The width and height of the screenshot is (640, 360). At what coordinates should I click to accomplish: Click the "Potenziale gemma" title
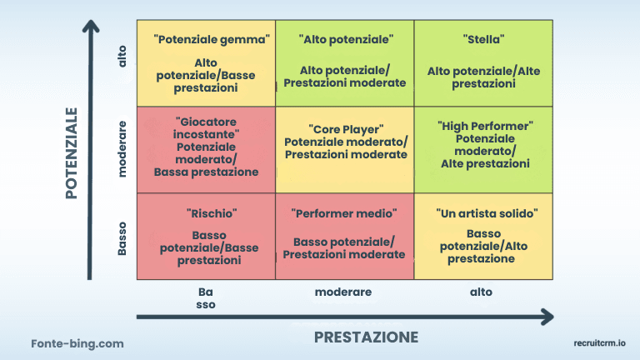[x=212, y=38]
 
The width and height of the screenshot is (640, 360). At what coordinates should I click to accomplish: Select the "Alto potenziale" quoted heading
[x=345, y=38]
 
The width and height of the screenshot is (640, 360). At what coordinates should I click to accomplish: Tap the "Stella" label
[x=483, y=38]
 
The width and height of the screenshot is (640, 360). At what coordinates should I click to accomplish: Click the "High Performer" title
[x=485, y=126]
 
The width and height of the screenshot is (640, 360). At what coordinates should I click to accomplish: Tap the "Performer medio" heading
[x=344, y=213]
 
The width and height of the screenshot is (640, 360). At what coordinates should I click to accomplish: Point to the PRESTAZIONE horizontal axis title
[x=366, y=337]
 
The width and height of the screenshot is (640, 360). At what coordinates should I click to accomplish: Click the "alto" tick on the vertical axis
[x=122, y=57]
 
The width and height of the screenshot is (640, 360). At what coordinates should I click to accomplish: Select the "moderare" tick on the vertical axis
[x=122, y=149]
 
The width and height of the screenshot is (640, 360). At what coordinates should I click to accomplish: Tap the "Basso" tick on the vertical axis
[x=122, y=237]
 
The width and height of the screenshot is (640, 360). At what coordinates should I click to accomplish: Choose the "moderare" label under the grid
[x=343, y=292]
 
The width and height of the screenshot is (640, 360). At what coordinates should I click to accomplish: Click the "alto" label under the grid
[x=481, y=292]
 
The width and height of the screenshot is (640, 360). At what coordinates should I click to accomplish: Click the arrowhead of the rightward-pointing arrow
[x=547, y=317]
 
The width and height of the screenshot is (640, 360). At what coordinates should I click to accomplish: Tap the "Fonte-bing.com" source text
[x=77, y=342]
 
